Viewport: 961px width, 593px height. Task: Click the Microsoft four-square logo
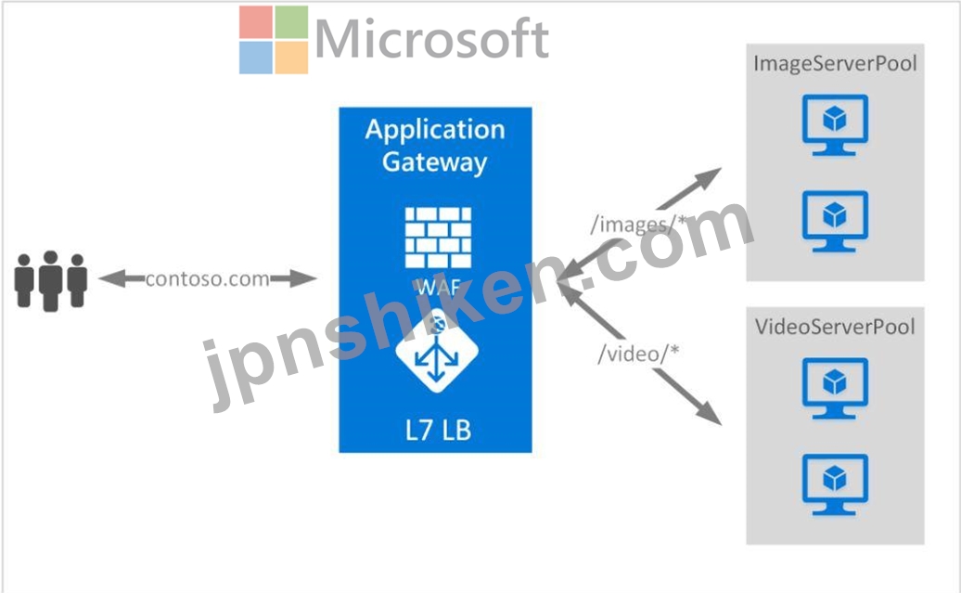click(274, 40)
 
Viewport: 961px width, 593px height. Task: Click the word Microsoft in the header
click(431, 39)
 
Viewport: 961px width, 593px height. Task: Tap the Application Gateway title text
click(435, 146)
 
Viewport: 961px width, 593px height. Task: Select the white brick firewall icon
click(438, 238)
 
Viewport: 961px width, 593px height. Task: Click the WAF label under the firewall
click(438, 287)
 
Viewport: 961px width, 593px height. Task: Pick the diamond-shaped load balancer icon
click(437, 351)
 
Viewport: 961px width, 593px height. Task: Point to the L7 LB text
click(438, 430)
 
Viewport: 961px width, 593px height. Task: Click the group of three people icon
click(51, 281)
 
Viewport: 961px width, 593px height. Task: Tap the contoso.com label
click(207, 279)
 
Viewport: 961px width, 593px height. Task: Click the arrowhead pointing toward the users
click(112, 278)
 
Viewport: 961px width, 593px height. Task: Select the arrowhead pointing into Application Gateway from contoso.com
click(303, 278)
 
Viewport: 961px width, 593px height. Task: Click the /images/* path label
click(637, 225)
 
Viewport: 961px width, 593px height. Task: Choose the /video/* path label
click(638, 354)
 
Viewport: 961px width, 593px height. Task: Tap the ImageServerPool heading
click(835, 64)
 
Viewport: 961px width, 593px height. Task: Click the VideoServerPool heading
click(835, 327)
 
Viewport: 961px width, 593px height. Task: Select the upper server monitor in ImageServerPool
click(835, 124)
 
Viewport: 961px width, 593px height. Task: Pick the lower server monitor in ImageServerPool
click(835, 221)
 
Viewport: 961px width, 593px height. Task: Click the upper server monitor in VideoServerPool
click(835, 388)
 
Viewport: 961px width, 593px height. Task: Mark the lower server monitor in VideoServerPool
click(835, 484)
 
